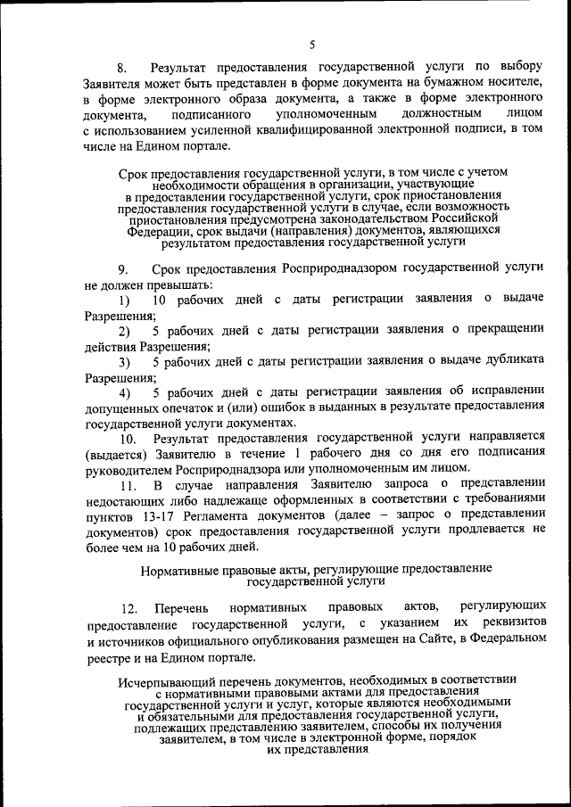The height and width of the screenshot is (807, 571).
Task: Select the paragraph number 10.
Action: pos(128,440)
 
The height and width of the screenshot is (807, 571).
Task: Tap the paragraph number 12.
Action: pos(129,609)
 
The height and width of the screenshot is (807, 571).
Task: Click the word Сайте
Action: pos(396,640)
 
